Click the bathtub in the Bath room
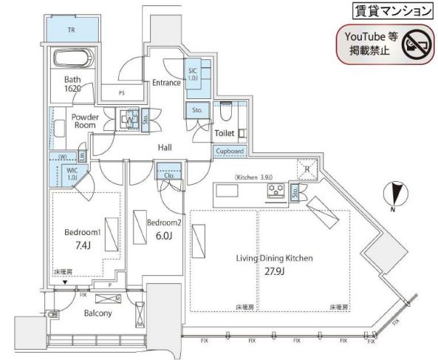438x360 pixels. [x=70, y=57]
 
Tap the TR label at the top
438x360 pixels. [x=71, y=30]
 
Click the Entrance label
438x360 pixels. [x=166, y=83]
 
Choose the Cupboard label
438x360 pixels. [x=229, y=151]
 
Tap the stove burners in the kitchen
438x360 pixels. [x=276, y=191]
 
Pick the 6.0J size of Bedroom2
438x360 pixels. [x=163, y=237]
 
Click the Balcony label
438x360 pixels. [x=97, y=313]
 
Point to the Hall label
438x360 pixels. [x=165, y=148]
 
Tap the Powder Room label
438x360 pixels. [x=86, y=120]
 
